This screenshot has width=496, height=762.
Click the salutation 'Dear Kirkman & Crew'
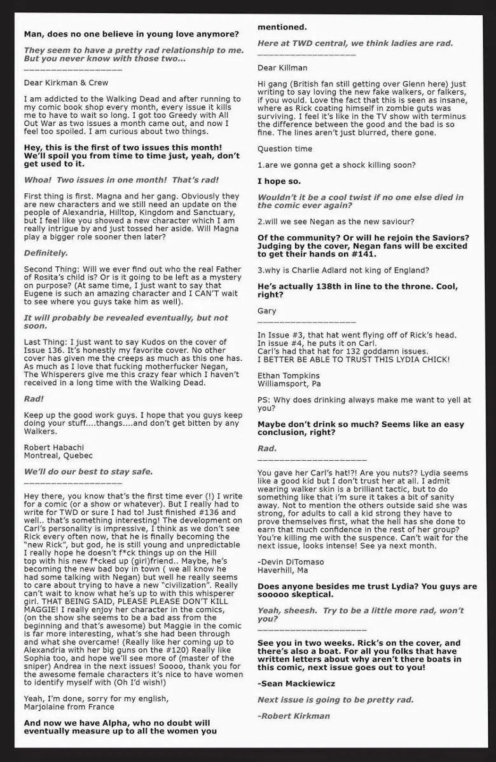pyautogui.click(x=66, y=83)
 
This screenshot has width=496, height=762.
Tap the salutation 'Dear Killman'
pyautogui.click(x=282, y=67)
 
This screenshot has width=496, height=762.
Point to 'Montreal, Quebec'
pyautogui.click(x=58, y=456)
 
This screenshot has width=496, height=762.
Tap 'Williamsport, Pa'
pyautogui.click(x=289, y=384)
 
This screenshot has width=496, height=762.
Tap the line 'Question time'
pyautogui.click(x=285, y=149)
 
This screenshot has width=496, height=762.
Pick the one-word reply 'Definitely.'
pyautogui.click(x=46, y=253)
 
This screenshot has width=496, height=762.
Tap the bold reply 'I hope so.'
pyautogui.click(x=279, y=181)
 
